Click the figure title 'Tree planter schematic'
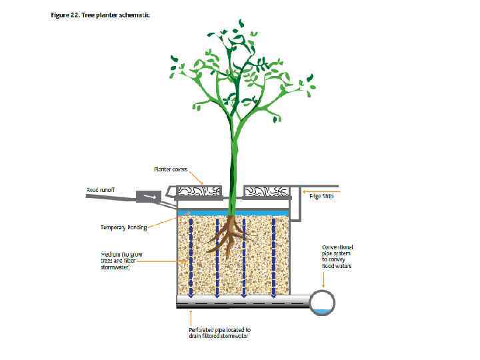coord(101,15)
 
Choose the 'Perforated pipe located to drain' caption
coord(219,333)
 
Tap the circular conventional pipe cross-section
coord(321,303)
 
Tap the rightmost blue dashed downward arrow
coord(273,257)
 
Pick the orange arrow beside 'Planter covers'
coord(197,177)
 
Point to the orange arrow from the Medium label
coord(161,261)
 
